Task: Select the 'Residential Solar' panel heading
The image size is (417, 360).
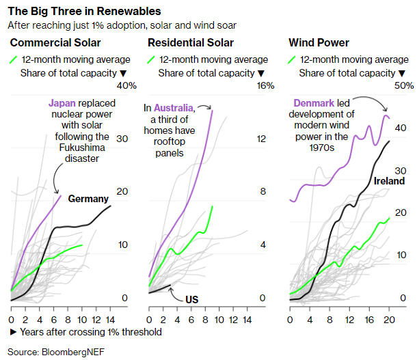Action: tap(191, 43)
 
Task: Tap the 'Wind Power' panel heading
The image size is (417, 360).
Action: tap(319, 43)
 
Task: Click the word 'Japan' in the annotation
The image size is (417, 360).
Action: tap(62, 103)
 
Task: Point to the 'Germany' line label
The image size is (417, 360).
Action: tap(89, 199)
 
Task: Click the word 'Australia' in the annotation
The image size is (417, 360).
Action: tap(173, 107)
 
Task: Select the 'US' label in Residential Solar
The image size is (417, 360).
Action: tap(192, 299)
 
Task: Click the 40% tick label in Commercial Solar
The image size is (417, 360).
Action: tap(128, 85)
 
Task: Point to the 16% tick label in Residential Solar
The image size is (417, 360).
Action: tap(265, 85)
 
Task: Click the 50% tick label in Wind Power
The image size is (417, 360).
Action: tap(405, 85)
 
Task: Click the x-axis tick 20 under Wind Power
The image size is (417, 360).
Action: tap(389, 319)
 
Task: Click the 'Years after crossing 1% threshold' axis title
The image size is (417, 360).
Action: tap(86, 332)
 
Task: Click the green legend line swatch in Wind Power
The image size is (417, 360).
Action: tap(293, 59)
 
